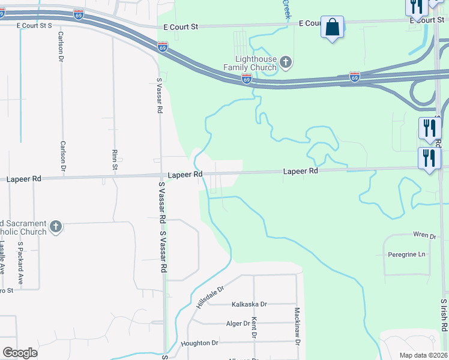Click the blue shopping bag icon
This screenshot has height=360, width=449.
(x=332, y=28)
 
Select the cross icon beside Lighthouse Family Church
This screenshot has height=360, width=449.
(x=286, y=61)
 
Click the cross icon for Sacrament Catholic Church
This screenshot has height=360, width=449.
(x=55, y=227)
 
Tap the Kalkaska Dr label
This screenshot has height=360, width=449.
(x=249, y=305)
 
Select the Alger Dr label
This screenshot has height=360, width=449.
(x=238, y=323)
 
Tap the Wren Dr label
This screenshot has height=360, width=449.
(x=423, y=235)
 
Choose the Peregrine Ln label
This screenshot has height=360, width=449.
(x=406, y=254)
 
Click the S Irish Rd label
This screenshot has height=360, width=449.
(x=444, y=316)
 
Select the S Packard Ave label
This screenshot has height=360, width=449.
(x=20, y=263)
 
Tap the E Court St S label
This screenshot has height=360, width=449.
(x=35, y=26)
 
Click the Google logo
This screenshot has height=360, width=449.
(x=20, y=352)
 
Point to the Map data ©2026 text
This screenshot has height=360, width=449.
(x=423, y=355)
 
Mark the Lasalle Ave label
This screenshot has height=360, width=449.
(x=2, y=258)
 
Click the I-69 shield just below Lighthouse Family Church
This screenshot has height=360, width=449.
(x=246, y=79)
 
